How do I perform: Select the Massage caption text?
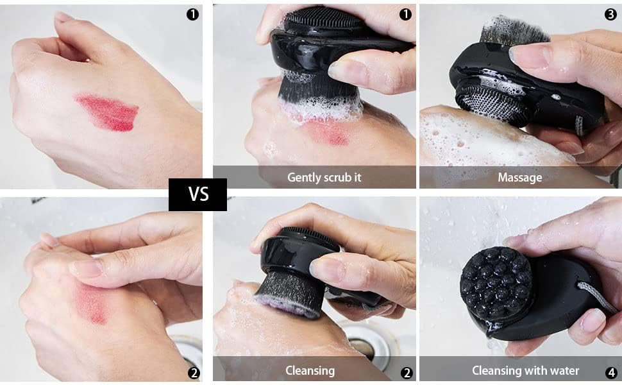[x=519, y=177]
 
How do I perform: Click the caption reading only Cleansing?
[x=310, y=370]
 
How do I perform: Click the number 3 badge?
[x=610, y=14]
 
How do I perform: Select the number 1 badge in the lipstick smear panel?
[x=192, y=14]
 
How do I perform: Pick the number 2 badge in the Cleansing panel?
[x=406, y=372]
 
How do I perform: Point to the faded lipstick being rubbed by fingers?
[x=90, y=302]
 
